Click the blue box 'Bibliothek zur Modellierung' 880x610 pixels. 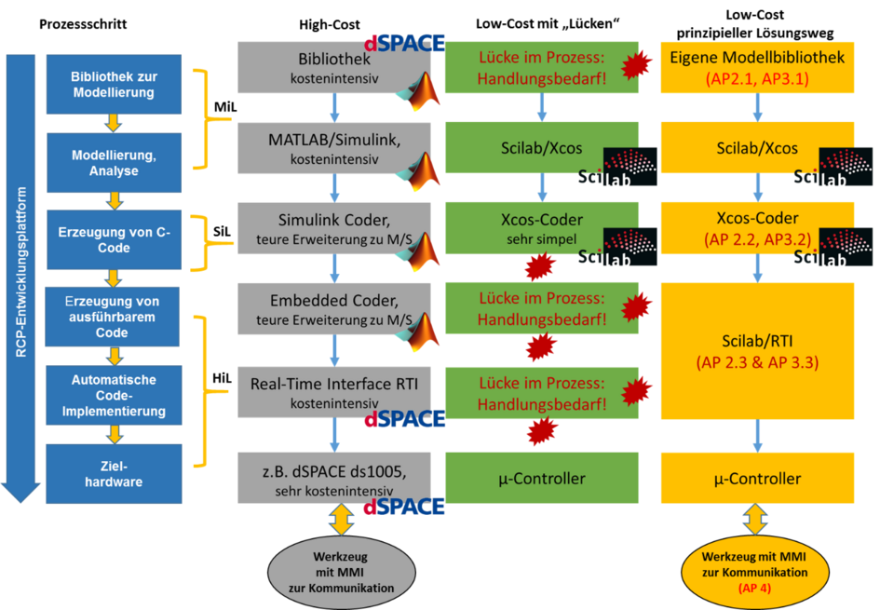[x=114, y=84]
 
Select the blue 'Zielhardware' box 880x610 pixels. [x=114, y=474]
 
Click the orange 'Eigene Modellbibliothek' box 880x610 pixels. [x=757, y=67]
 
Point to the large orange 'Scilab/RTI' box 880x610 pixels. [x=757, y=348]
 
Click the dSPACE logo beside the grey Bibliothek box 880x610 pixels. [x=404, y=43]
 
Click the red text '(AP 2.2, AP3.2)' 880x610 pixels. [x=757, y=238]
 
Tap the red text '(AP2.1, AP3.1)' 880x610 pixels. [x=757, y=78]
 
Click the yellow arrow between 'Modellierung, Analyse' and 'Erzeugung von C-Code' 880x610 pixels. [x=114, y=199]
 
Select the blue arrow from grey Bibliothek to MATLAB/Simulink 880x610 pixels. [x=334, y=107]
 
